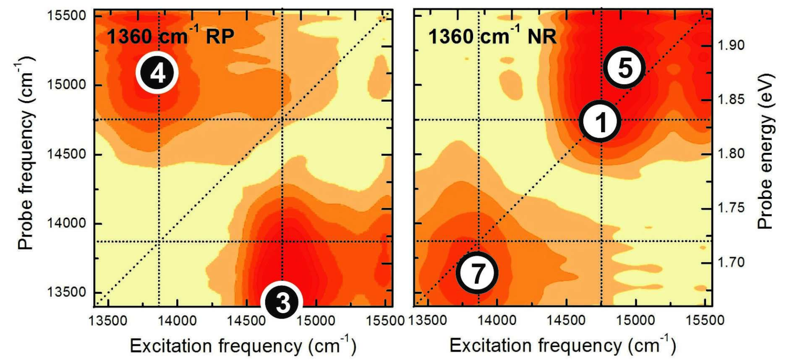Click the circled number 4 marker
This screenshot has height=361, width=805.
click(x=157, y=73)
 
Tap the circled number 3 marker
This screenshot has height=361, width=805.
click(x=282, y=302)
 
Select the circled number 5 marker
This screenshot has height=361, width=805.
click(x=625, y=68)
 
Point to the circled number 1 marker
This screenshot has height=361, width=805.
click(x=600, y=122)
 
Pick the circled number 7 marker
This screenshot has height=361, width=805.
click(x=477, y=273)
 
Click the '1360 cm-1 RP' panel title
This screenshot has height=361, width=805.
click(x=170, y=37)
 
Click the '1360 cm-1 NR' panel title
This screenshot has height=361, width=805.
click(x=492, y=37)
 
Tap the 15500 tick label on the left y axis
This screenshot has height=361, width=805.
click(x=66, y=16)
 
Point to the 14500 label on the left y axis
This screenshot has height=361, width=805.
click(x=66, y=154)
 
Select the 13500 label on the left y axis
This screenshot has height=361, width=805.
click(x=66, y=292)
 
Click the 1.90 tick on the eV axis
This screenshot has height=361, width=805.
click(x=731, y=45)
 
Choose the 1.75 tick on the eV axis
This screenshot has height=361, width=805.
click(x=731, y=208)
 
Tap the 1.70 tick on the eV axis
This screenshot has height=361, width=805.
click(x=731, y=262)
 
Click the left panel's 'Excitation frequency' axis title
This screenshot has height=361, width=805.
click(x=243, y=346)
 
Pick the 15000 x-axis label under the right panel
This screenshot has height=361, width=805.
click(x=635, y=321)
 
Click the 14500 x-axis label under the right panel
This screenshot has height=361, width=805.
click(x=566, y=321)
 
